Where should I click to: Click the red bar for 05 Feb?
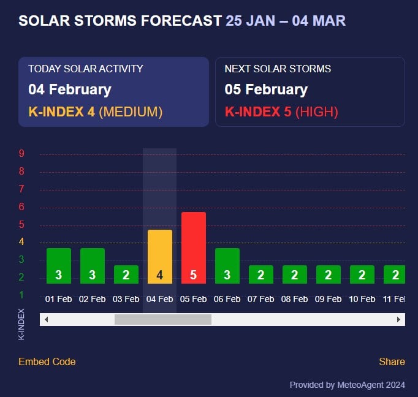pyautogui.click(x=193, y=248)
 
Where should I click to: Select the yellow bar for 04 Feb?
pyautogui.click(x=159, y=256)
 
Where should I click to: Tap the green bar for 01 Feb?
pyautogui.click(x=59, y=265)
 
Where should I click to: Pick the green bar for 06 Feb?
pyautogui.click(x=227, y=265)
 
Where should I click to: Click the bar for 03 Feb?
pyautogui.click(x=126, y=274)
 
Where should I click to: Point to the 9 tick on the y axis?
pyautogui.click(x=21, y=154)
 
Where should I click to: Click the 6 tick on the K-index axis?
pyautogui.click(x=21, y=207)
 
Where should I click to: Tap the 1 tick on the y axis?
pyautogui.click(x=21, y=295)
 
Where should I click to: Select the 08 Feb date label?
pyautogui.click(x=294, y=299)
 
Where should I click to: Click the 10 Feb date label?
pyautogui.click(x=362, y=299)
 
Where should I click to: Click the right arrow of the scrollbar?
pyautogui.click(x=399, y=319)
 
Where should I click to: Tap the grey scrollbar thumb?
pyautogui.click(x=162, y=319)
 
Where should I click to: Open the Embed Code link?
pyautogui.click(x=47, y=361)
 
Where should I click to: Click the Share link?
pyautogui.click(x=392, y=361)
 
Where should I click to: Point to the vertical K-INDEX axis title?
pyautogui.click(x=21, y=324)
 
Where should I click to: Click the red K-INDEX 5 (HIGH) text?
pyautogui.click(x=281, y=112)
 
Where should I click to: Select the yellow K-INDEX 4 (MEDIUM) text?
pyautogui.click(x=95, y=112)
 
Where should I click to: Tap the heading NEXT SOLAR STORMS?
pyautogui.click(x=278, y=69)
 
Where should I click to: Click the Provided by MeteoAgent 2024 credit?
pyautogui.click(x=347, y=385)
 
